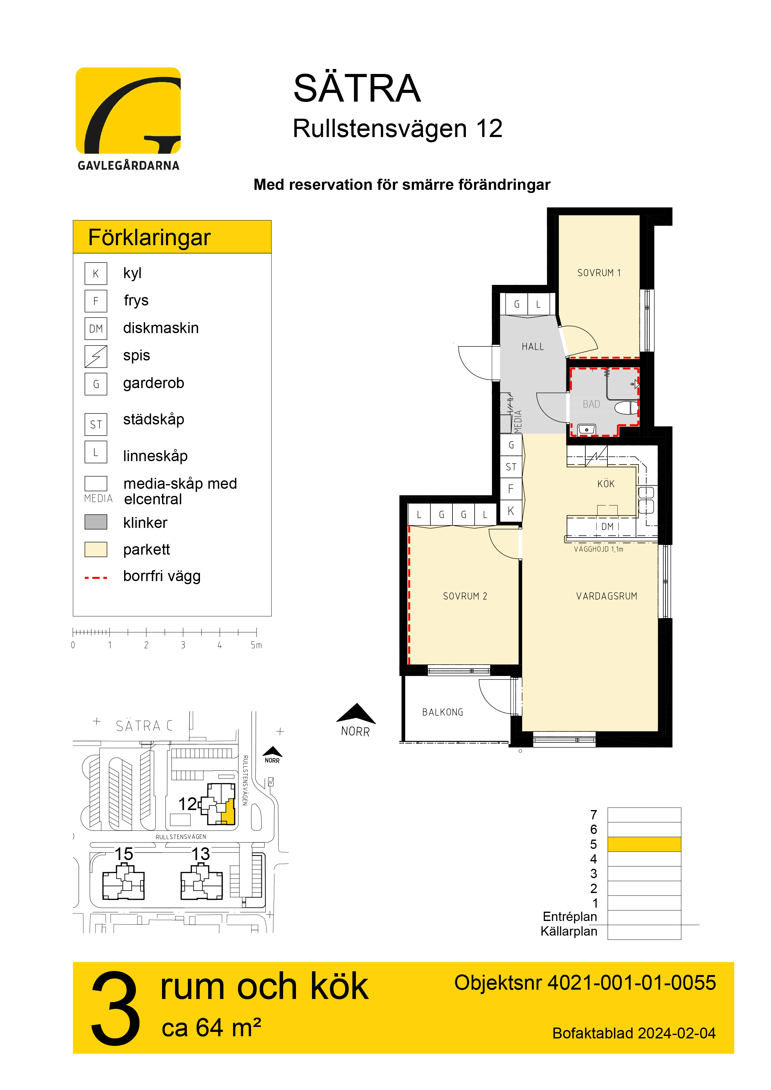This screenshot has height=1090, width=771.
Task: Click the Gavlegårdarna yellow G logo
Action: tap(128, 111)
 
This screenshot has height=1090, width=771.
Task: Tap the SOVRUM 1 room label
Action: tap(599, 273)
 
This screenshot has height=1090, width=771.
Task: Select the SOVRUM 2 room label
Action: tap(465, 596)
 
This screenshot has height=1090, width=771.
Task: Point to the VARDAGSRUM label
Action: tap(607, 596)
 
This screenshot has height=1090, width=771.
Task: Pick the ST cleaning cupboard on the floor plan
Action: tap(511, 467)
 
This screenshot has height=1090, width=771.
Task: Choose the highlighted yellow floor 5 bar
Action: tap(644, 844)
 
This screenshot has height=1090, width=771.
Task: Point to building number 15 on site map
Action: tap(124, 854)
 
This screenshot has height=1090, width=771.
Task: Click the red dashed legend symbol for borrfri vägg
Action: tap(96, 578)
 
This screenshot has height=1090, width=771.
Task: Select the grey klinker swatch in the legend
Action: tap(96, 522)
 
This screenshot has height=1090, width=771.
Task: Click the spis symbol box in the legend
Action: tap(96, 356)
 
